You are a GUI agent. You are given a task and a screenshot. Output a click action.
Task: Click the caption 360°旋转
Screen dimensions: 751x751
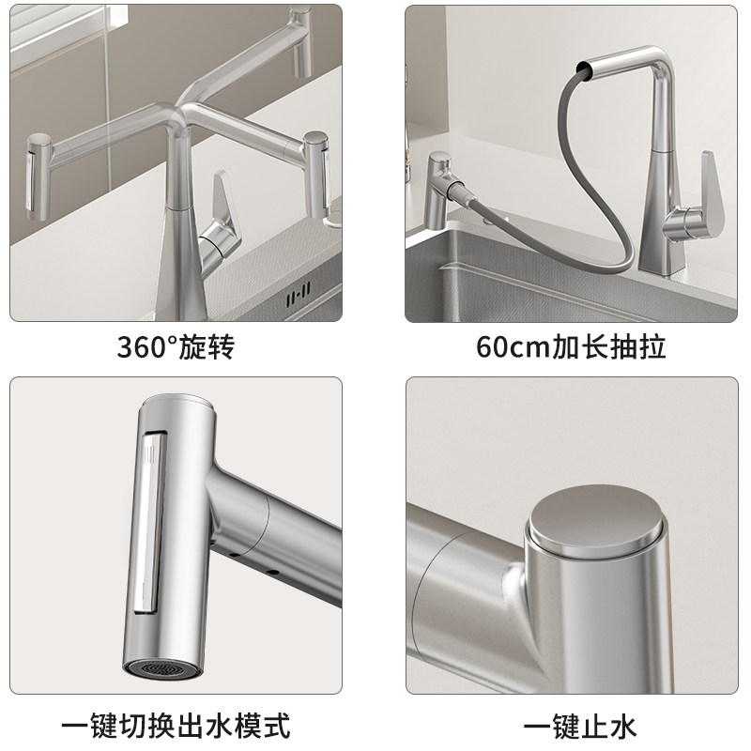176,348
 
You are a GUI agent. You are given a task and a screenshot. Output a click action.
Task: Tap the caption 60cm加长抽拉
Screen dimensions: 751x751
571,348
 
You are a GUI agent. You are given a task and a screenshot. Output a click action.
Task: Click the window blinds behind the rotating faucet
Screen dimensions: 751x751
56,56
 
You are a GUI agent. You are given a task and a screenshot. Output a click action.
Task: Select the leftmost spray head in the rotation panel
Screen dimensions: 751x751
40,173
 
